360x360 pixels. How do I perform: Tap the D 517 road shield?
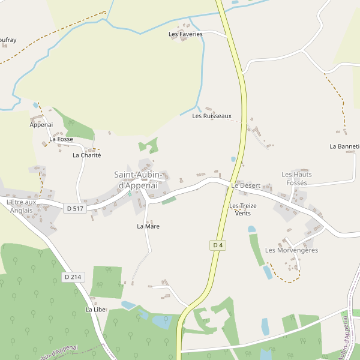[74, 208]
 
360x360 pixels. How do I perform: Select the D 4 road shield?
[218, 245]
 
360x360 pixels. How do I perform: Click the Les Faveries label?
[185, 34]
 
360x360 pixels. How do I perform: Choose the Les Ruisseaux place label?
[211, 116]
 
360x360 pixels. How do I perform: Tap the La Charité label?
[86, 155]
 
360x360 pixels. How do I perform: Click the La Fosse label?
[61, 139]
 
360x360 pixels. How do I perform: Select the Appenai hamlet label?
[41, 125]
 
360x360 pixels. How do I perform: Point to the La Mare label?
[148, 226]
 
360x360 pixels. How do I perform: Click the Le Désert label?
[245, 186]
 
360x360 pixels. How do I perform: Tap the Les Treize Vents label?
[243, 209]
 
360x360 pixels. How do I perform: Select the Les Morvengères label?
[291, 250]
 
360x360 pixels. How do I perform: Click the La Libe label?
[95, 310]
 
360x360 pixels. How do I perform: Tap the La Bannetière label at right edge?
[344, 146]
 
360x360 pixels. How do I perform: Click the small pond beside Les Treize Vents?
[251, 229]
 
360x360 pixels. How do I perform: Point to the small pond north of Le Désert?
[233, 160]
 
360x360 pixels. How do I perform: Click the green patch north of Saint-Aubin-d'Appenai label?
[149, 145]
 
